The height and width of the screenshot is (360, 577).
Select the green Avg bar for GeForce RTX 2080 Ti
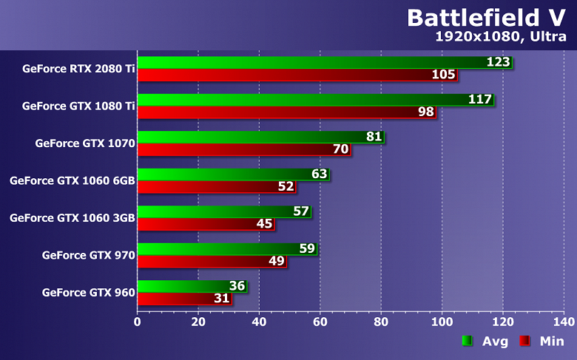pyautogui.click(x=311, y=62)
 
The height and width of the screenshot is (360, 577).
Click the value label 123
pyautogui.click(x=498, y=62)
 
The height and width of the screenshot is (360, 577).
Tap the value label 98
pyautogui.click(x=425, y=112)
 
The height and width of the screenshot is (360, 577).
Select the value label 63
pyautogui.click(x=319, y=174)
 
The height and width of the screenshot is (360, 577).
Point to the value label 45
pyautogui.click(x=264, y=224)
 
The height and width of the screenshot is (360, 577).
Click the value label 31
pyautogui.click(x=221, y=299)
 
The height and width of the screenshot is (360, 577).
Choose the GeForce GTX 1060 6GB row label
pyautogui.click(x=72, y=180)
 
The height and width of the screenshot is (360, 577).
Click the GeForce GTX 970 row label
pyautogui.click(x=89, y=256)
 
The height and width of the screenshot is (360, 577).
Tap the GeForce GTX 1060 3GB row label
pyautogui.click(x=72, y=218)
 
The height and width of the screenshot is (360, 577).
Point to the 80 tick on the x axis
pyautogui.click(x=381, y=322)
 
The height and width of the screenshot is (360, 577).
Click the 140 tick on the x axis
pyautogui.click(x=564, y=322)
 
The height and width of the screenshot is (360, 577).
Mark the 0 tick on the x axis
pyautogui.click(x=138, y=322)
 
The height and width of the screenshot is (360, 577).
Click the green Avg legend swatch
pyautogui.click(x=467, y=341)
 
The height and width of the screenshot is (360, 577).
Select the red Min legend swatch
pyautogui.click(x=524, y=341)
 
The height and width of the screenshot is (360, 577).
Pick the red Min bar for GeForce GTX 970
pyautogui.click(x=211, y=262)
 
